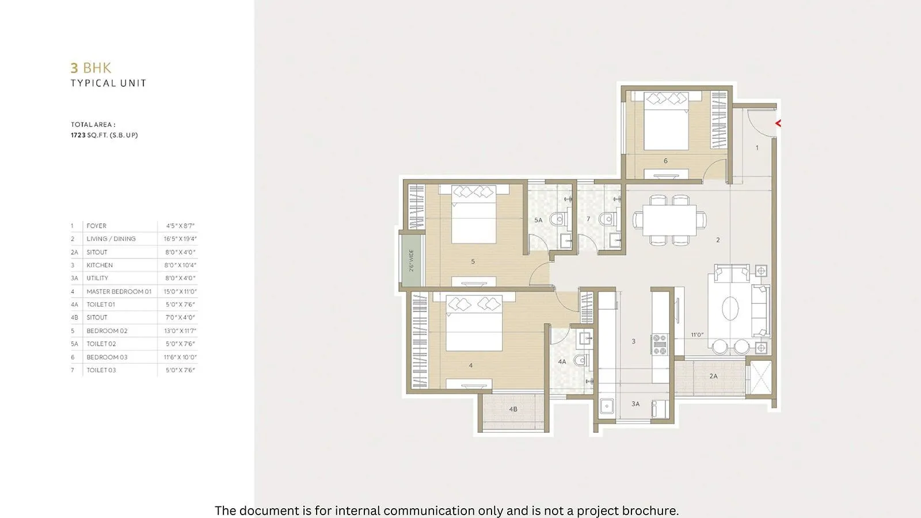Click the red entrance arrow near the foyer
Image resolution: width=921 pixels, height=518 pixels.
[778, 123]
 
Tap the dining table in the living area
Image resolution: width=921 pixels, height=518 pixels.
[669, 220]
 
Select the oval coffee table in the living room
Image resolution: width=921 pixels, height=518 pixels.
[730, 308]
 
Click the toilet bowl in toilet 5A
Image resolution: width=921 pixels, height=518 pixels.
[557, 219]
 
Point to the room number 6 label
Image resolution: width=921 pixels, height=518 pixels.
[665, 161]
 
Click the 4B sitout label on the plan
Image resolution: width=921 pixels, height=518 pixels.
[513, 409]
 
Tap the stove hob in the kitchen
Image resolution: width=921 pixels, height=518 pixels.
[659, 344]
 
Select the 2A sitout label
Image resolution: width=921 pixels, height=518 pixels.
[713, 376]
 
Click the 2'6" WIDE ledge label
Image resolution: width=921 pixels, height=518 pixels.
[412, 260]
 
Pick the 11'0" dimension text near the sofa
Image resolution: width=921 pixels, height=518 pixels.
[697, 334]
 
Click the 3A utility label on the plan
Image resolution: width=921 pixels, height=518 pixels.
[635, 404]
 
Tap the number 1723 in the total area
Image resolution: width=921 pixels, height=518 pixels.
[78, 135]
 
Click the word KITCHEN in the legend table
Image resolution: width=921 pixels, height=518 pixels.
[100, 265]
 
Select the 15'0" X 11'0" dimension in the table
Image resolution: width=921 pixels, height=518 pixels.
[180, 292]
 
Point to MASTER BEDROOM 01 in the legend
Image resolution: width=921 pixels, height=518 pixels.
[119, 292]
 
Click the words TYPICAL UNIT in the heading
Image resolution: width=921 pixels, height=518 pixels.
[108, 83]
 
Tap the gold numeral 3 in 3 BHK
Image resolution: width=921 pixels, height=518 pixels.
[74, 68]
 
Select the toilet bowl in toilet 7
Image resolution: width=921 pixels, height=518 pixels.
[606, 219]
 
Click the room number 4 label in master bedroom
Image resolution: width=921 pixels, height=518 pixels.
[471, 365]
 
